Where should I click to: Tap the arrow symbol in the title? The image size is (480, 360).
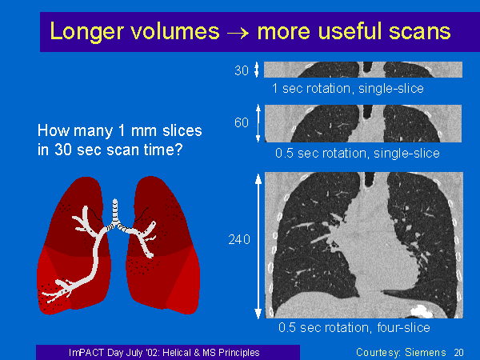238,33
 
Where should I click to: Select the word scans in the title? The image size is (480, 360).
420,31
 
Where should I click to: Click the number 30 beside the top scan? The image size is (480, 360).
242,70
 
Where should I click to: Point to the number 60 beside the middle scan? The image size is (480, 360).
242,122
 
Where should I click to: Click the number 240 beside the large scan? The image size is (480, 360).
239,239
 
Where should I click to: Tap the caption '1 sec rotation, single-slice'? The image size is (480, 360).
348,89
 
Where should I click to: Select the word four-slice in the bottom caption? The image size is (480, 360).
403,327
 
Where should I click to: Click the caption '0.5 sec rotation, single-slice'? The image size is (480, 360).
358,153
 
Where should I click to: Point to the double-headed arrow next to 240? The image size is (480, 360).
258,246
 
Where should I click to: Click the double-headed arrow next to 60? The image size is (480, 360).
258,123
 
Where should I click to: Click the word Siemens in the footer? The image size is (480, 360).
426,352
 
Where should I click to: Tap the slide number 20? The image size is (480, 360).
458,353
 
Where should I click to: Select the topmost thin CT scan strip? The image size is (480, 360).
363,70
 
